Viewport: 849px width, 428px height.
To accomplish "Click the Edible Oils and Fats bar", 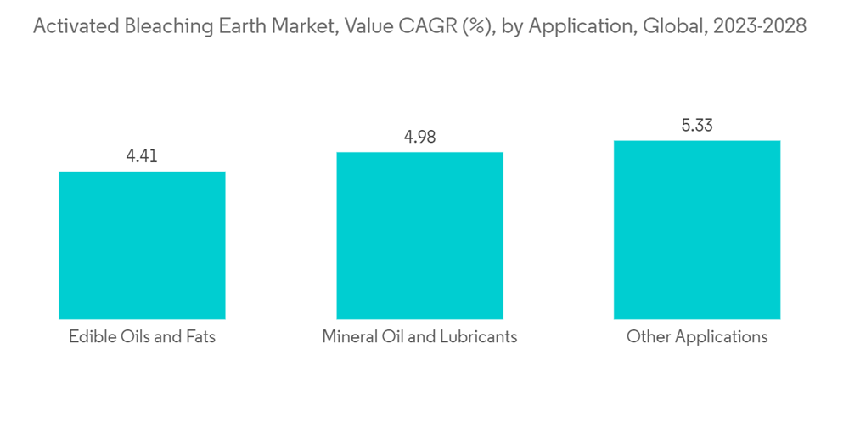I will (x=142, y=245).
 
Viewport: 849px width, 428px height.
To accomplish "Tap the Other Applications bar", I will (x=697, y=230).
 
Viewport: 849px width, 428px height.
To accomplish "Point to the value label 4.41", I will (x=142, y=156).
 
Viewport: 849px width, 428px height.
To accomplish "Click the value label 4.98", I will (x=419, y=137).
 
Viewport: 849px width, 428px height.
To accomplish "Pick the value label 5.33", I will (x=697, y=126).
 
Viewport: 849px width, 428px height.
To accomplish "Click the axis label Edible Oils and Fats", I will (x=142, y=337).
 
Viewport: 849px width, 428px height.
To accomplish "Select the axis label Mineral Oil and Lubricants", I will (x=419, y=337).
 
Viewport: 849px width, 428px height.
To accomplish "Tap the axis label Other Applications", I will (x=697, y=337).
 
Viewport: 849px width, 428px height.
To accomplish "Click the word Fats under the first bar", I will (x=198, y=337).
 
